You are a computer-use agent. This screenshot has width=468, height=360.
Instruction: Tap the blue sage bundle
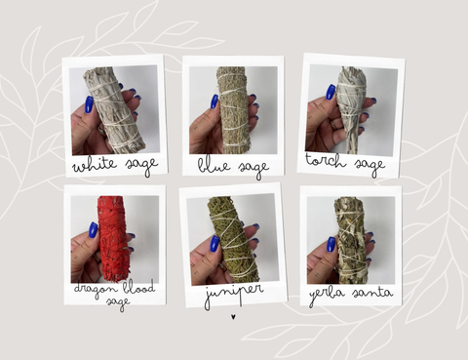coord(233,110)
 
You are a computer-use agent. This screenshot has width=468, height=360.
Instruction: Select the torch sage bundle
coord(348,109)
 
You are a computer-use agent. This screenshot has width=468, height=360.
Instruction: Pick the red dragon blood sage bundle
coord(112,239)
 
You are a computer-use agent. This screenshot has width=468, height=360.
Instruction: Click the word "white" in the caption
coord(95,165)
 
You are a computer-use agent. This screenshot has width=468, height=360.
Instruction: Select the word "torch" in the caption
coord(326,161)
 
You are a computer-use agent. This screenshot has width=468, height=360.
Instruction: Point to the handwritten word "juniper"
coord(234,294)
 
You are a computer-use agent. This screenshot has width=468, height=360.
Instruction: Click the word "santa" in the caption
coord(372,293)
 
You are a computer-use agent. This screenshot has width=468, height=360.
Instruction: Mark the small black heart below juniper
coord(233,316)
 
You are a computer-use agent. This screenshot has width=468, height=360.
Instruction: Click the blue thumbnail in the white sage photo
coord(90,104)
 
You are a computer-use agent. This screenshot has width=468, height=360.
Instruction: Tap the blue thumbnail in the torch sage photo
coord(331,92)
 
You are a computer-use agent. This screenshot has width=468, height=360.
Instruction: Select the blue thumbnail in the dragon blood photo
coord(93,230)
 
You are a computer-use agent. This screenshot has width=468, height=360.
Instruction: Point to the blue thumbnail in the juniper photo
coord(214,244)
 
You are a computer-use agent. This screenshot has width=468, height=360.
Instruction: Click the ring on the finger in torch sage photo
coord(334,125)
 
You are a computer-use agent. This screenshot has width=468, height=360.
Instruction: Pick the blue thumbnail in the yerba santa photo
coord(331,245)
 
